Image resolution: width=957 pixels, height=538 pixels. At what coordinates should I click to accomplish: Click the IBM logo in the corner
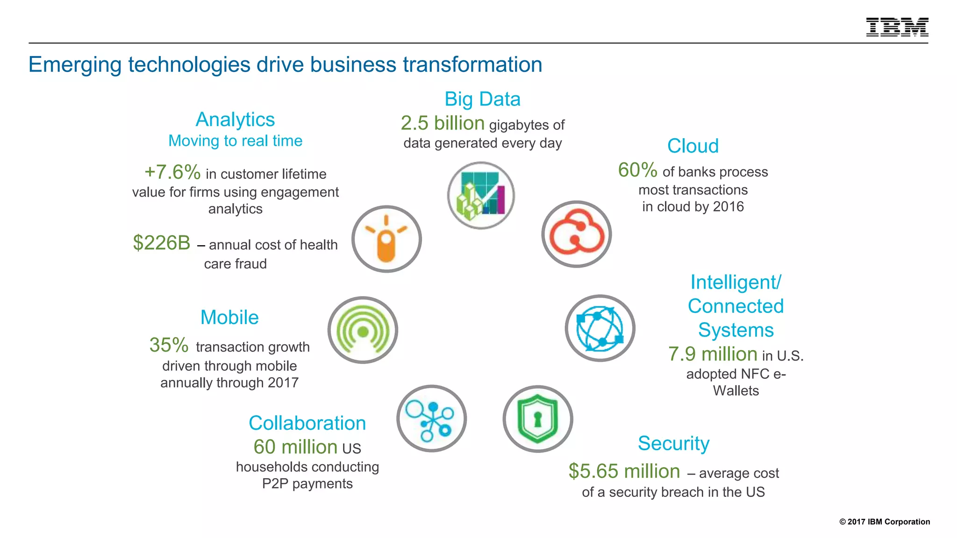click(x=897, y=27)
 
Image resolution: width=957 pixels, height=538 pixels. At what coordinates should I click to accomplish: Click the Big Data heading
click(x=482, y=99)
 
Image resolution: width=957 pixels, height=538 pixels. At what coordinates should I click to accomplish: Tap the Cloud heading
click(x=693, y=146)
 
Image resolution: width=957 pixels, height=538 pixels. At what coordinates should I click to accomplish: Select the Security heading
click(x=673, y=443)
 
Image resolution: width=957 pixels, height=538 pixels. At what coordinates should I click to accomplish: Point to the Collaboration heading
click(x=307, y=423)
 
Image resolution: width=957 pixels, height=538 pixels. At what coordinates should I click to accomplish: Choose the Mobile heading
click(x=229, y=318)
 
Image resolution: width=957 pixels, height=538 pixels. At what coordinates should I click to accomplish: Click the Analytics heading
click(x=235, y=120)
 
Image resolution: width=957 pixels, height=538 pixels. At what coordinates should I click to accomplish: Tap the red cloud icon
click(x=576, y=234)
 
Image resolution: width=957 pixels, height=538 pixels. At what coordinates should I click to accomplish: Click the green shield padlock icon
click(x=537, y=418)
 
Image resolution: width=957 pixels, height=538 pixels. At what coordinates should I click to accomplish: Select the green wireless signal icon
click(x=363, y=330)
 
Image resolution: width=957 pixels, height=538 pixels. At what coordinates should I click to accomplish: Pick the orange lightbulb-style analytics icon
click(x=386, y=239)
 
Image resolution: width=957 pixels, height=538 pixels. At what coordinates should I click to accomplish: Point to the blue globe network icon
click(x=600, y=328)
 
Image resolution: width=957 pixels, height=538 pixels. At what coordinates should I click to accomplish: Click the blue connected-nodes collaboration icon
click(x=431, y=418)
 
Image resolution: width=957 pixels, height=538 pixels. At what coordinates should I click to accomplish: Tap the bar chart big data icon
click(x=481, y=195)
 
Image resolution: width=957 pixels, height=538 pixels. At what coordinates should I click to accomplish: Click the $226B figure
click(x=162, y=243)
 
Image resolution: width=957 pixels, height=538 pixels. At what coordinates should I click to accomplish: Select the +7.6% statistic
click(x=172, y=172)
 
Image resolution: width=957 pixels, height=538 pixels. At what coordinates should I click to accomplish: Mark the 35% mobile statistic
click(x=169, y=346)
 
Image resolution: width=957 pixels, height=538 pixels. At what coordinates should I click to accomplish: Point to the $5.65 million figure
click(x=624, y=471)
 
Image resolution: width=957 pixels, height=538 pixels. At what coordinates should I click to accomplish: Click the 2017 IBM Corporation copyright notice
click(x=885, y=522)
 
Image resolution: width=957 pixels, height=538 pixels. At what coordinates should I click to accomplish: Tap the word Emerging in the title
click(x=75, y=65)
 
